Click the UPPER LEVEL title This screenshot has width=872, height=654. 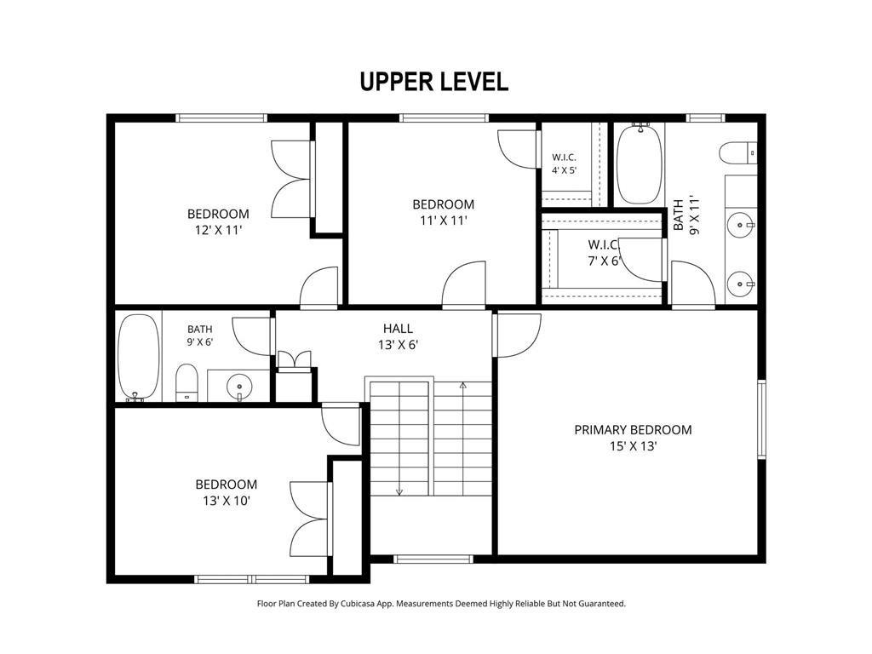tap(433, 81)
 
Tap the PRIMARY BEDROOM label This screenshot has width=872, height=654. tap(633, 430)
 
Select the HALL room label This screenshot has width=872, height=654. tap(398, 329)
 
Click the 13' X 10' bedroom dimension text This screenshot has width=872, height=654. tap(227, 501)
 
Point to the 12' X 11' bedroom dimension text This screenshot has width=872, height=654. tap(218, 230)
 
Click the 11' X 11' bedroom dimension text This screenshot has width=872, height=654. tap(443, 221)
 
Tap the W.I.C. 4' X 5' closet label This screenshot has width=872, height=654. tap(564, 164)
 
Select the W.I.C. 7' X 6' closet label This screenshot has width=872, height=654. tap(604, 252)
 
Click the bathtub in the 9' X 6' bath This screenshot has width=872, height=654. tap(139, 358)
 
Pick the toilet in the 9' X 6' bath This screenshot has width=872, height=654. tap(186, 382)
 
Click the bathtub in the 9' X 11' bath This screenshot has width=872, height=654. tap(640, 164)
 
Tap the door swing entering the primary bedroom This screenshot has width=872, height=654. tap(517, 336)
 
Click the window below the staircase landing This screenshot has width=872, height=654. tap(433, 559)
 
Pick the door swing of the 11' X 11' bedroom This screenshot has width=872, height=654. tap(464, 284)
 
